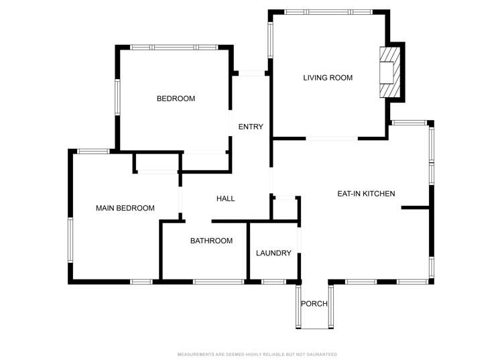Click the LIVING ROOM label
pyautogui.click(x=328, y=78)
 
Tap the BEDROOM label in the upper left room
pyautogui.click(x=176, y=99)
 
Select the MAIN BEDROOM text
pyautogui.click(x=125, y=208)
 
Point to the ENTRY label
pyautogui.click(x=251, y=127)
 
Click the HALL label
pyautogui.click(x=225, y=198)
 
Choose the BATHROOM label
pyautogui.click(x=211, y=241)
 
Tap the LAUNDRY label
pyautogui.click(x=273, y=253)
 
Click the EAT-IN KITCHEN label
pyautogui.click(x=365, y=194)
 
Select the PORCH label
pyautogui.click(x=314, y=304)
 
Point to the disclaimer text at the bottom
pyautogui.click(x=257, y=354)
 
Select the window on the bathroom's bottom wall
pyautogui.click(x=218, y=282)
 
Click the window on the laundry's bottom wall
pyautogui.click(x=273, y=282)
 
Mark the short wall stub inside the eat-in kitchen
pyautogui.click(x=416, y=208)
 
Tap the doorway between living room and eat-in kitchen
pyautogui.click(x=332, y=138)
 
